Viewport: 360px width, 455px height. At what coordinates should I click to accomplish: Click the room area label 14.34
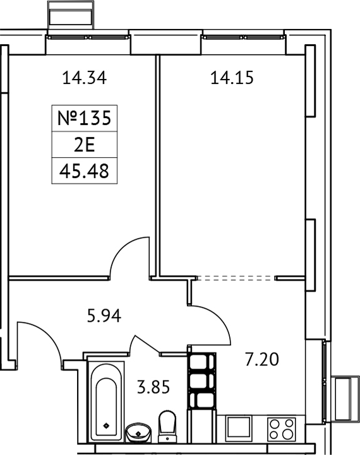coord(84,79)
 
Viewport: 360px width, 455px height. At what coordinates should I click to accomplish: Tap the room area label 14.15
coord(231,79)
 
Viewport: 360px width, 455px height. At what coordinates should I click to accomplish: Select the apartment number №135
coord(84,118)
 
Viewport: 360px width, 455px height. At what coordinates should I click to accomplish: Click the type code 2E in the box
coord(84,145)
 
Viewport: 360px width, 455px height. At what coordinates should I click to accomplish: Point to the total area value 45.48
coord(84,170)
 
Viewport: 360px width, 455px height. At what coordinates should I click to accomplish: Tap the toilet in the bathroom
coord(167,426)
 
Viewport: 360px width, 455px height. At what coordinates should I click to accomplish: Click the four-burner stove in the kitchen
coord(282,429)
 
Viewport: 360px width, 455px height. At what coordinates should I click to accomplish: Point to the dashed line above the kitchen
coord(237,278)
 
